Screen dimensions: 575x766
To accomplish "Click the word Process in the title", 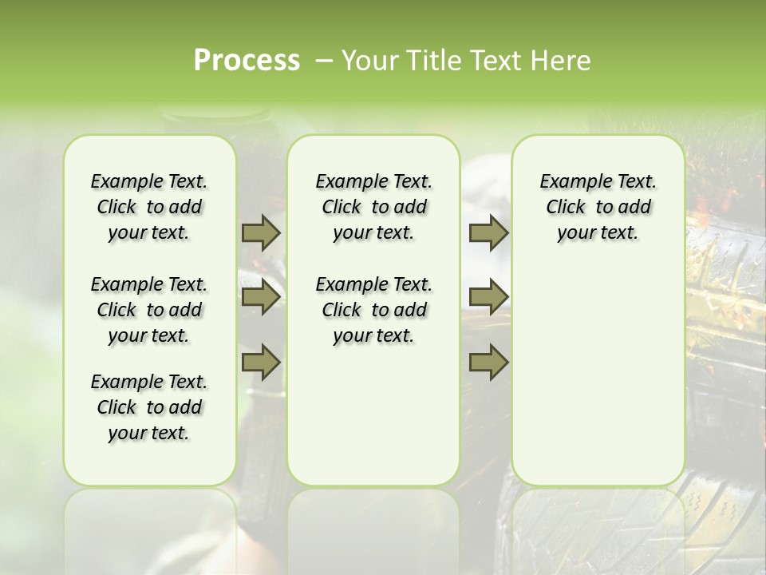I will pyautogui.click(x=247, y=61).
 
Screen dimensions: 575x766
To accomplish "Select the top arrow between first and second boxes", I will pyautogui.click(x=260, y=233).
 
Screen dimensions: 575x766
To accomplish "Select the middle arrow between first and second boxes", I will pyautogui.click(x=260, y=297).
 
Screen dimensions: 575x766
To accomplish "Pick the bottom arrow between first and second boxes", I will pyautogui.click(x=260, y=362).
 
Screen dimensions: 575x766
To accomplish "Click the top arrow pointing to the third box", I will pyautogui.click(x=488, y=233).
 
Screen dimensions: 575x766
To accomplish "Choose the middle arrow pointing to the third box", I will pyautogui.click(x=488, y=297).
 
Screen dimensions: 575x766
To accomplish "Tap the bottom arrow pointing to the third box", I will pyautogui.click(x=488, y=362).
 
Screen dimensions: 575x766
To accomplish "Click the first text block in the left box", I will pyautogui.click(x=149, y=207).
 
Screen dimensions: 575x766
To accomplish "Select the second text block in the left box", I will pyautogui.click(x=149, y=310).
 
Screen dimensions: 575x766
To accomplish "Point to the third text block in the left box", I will pyautogui.click(x=149, y=407).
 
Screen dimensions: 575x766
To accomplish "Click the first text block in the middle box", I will pyautogui.click(x=373, y=207).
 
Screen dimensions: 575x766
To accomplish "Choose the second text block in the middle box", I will pyautogui.click(x=373, y=310).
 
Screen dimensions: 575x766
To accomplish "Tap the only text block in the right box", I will pyautogui.click(x=598, y=207).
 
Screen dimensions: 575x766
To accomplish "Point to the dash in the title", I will pyautogui.click(x=325, y=61).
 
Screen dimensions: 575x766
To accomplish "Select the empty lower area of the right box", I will pyautogui.click(x=598, y=375).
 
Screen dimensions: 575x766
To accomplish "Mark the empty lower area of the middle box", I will pyautogui.click(x=373, y=415).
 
